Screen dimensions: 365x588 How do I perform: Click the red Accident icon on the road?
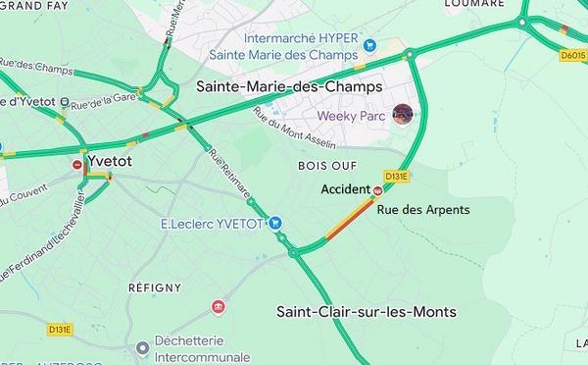point(378,189)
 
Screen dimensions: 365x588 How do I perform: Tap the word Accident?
point(345,189)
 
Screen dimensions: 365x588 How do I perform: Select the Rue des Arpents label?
point(423,210)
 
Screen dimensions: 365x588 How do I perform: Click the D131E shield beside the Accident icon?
point(396,177)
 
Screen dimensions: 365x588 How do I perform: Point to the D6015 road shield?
point(573,56)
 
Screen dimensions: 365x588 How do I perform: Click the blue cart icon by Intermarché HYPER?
point(368,44)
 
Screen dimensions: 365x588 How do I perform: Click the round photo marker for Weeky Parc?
point(401,115)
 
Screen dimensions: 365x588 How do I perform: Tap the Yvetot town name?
point(110,159)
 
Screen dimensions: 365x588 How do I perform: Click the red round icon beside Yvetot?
point(77,166)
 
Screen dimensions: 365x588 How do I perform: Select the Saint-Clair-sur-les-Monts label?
point(366,313)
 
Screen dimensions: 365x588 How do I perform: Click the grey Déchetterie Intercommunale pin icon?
point(144,347)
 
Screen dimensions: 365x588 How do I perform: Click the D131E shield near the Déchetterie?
point(60,331)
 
